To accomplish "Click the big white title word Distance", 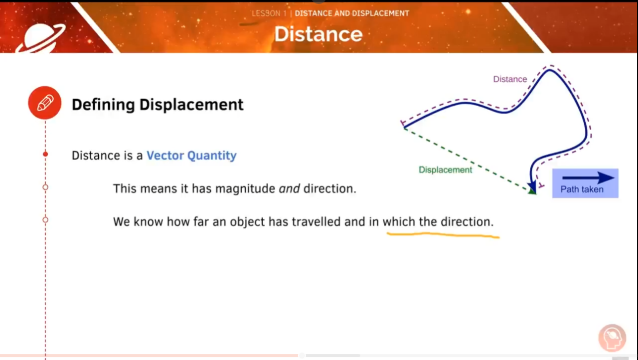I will pos(318,34).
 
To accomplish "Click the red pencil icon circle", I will pos(45,103).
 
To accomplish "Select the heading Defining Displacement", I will pos(158,105).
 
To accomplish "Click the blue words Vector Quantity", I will pos(191,156).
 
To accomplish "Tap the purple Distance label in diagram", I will pos(510,79).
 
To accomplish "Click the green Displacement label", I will pos(445,170).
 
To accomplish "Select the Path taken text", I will pos(582,189).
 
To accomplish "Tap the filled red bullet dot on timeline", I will pos(45,155).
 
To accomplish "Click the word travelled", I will pos(317,221).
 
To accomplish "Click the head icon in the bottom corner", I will pos(612,338).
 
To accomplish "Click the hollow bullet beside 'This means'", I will pos(45,187).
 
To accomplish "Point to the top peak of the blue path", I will pos(550,70).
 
